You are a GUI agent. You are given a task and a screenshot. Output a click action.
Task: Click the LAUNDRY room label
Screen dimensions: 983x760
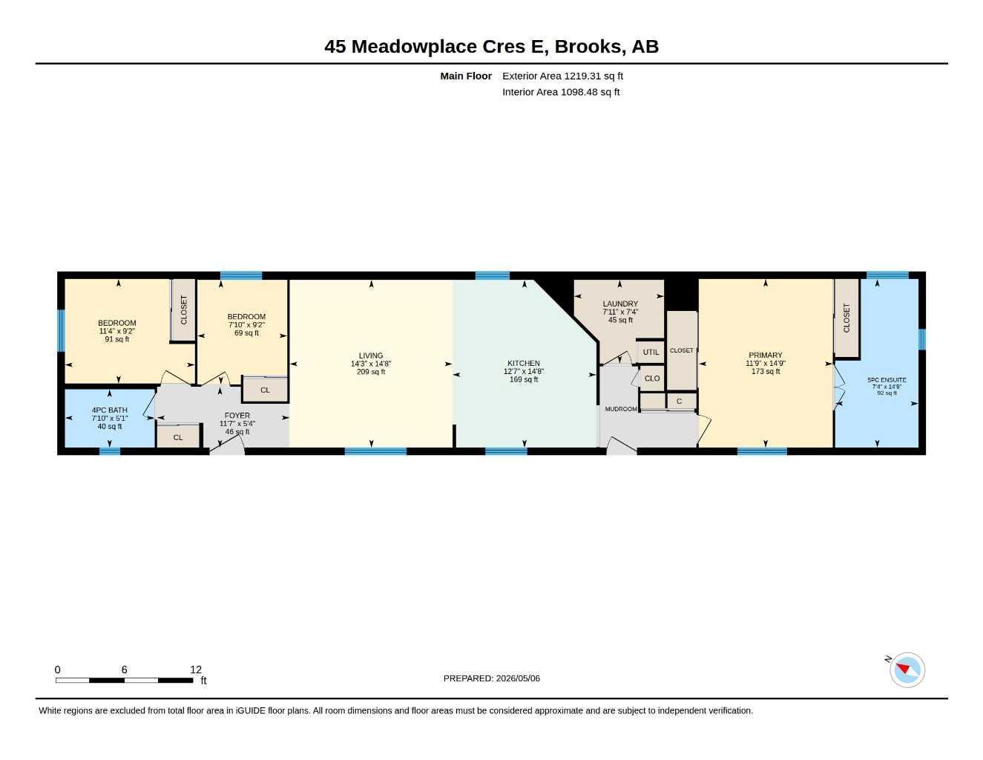620,304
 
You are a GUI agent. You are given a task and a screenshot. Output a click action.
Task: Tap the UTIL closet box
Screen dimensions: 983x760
651,352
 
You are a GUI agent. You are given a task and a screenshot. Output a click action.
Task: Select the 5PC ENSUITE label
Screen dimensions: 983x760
887,380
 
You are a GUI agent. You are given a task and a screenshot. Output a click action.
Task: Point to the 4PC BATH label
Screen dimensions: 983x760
110,410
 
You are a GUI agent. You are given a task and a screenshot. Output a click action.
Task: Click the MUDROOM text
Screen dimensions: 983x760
621,409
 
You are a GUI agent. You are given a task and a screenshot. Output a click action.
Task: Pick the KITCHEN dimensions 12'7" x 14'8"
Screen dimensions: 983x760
523,371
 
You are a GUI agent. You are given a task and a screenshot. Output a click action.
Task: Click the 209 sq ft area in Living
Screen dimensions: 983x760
371,372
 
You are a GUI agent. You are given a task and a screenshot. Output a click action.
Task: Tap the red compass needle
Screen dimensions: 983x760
903,668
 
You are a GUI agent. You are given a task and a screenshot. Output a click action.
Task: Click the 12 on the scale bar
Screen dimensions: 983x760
195,669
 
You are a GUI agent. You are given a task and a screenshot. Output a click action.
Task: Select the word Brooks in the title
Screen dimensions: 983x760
588,47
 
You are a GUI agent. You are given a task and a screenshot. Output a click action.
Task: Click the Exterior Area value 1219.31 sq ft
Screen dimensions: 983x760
593,76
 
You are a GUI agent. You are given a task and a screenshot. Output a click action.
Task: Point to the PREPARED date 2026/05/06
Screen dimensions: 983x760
518,678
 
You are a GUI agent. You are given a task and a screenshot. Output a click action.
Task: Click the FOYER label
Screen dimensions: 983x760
237,416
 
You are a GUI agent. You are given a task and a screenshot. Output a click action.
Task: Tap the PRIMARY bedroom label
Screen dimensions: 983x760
766,355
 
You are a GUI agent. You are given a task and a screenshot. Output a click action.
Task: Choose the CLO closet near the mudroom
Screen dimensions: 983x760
652,379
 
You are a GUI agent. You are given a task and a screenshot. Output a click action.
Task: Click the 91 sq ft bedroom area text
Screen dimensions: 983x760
116,339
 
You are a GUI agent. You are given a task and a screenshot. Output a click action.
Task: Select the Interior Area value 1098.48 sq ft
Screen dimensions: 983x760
591,92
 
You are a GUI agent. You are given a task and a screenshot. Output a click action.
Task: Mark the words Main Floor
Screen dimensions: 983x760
466,76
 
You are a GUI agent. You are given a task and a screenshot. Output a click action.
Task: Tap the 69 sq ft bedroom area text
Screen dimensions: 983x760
246,333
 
